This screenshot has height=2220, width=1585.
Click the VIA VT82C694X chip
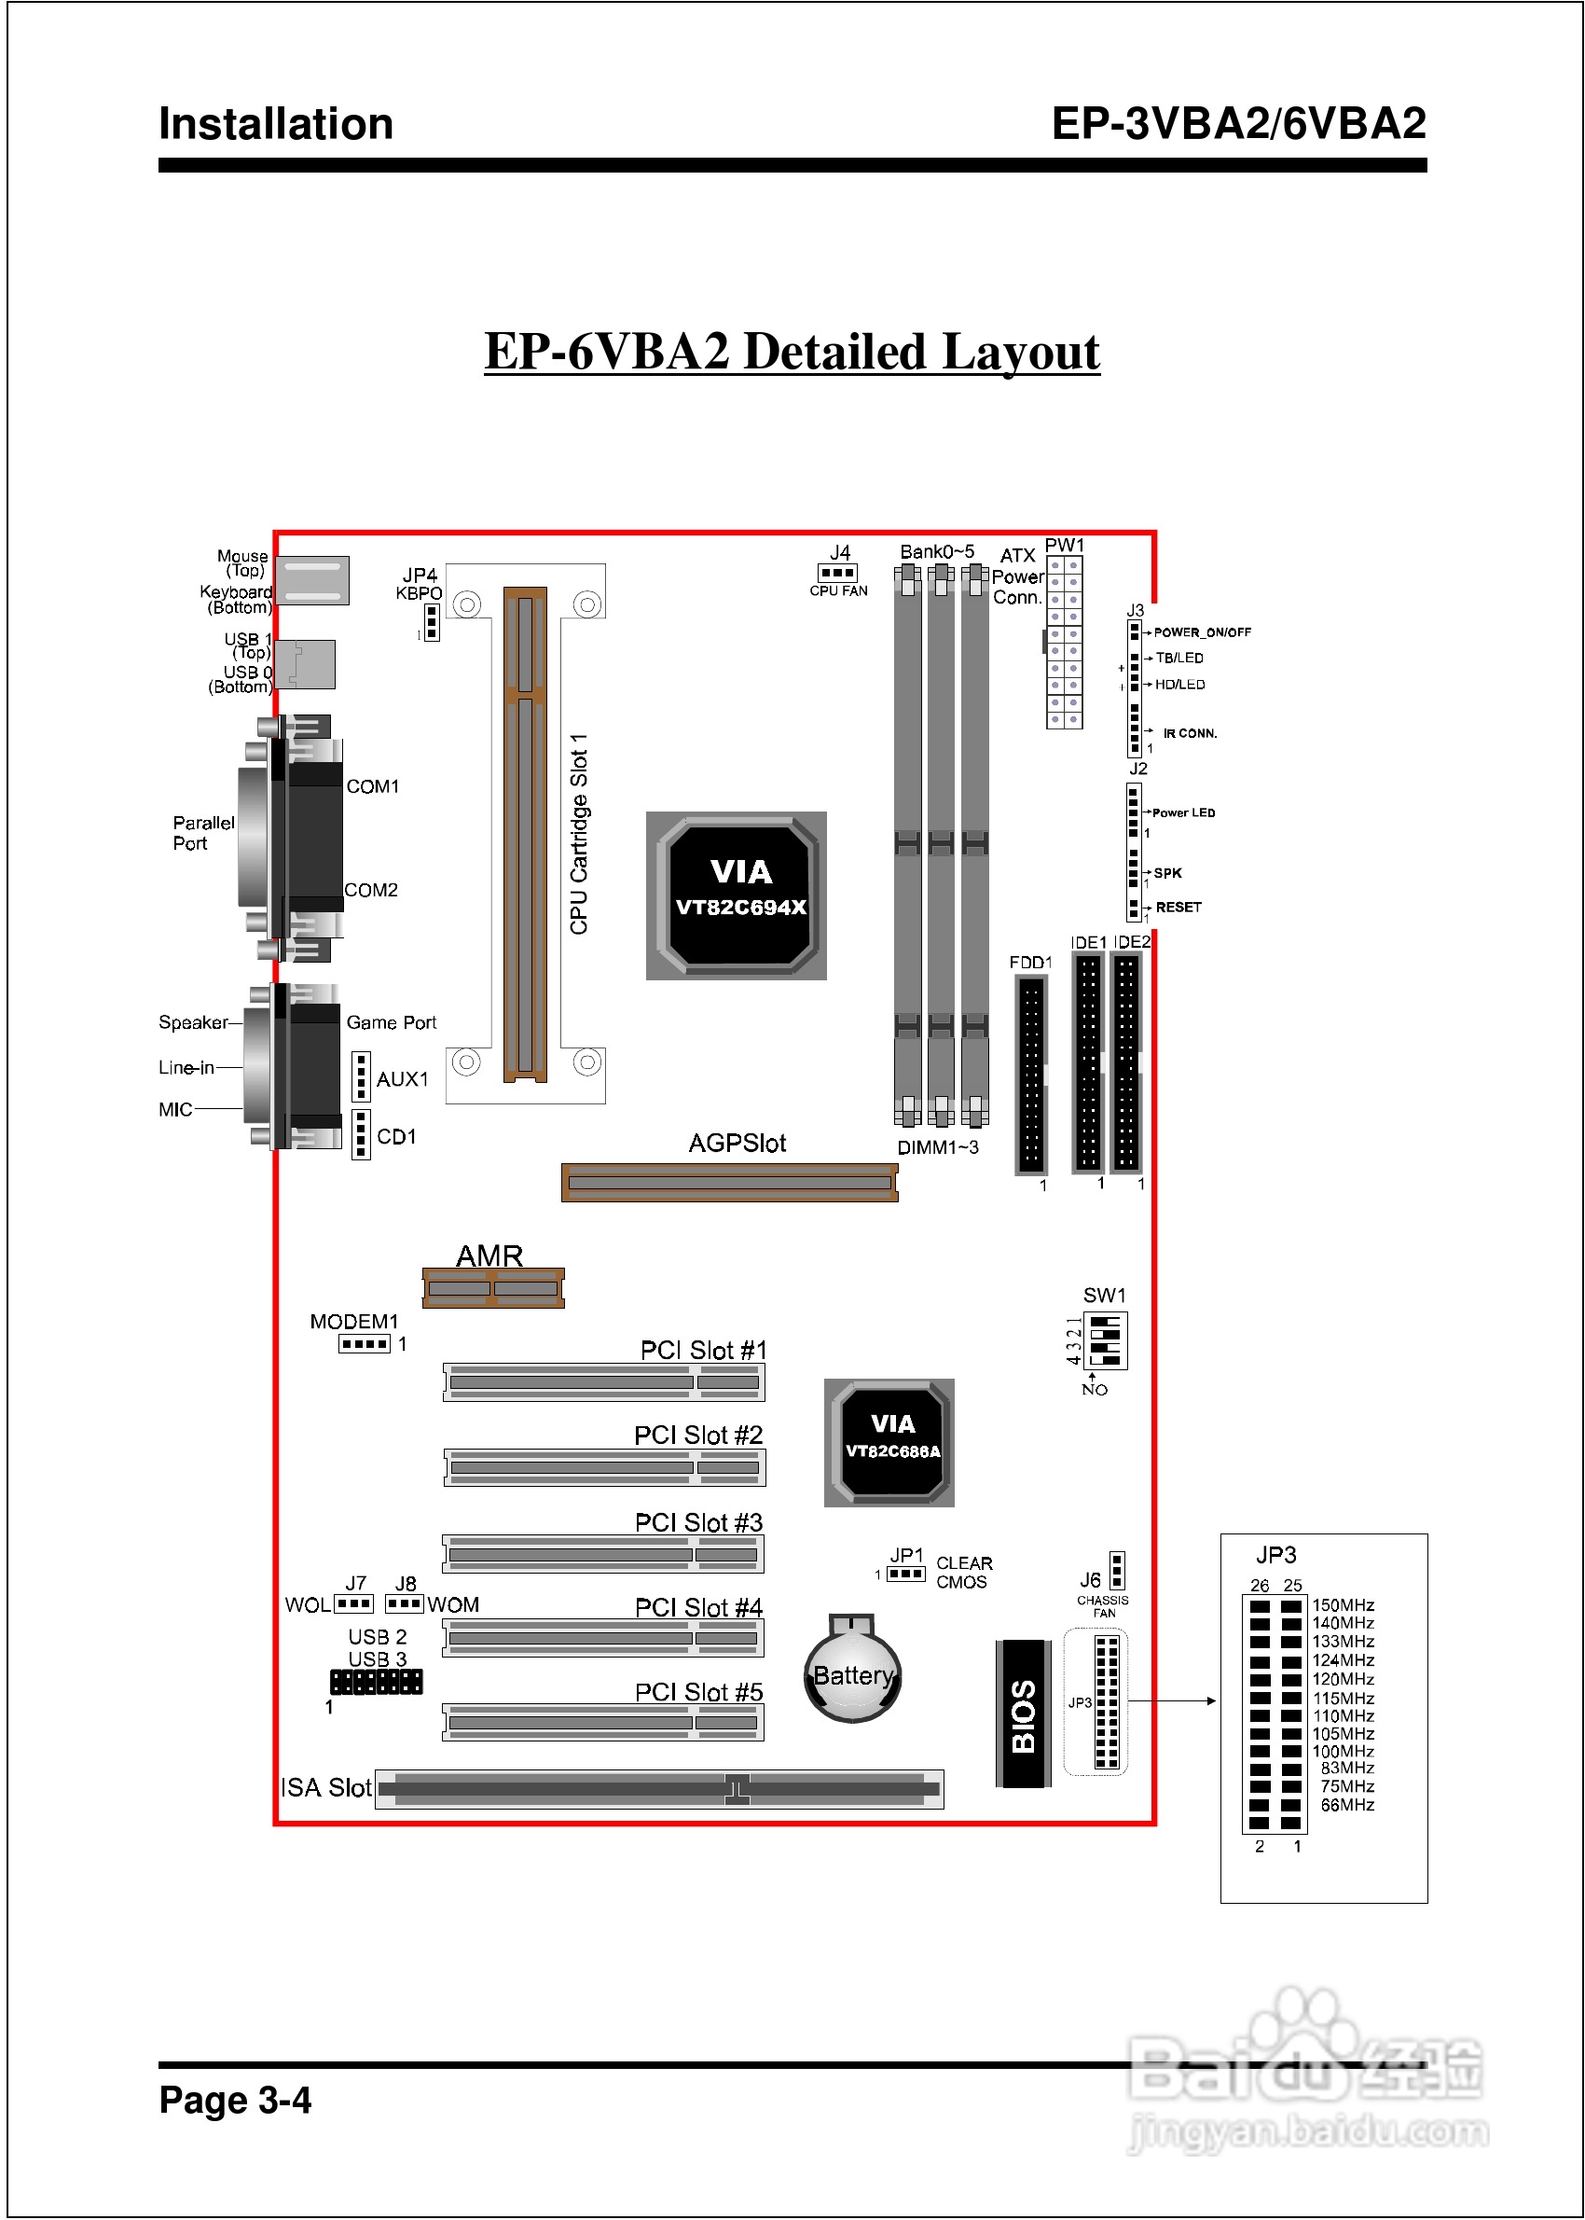tap(737, 895)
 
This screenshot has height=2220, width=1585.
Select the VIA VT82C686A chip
tap(889, 1443)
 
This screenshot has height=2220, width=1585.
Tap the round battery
tap(853, 1672)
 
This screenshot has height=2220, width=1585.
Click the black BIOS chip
tap(1023, 1714)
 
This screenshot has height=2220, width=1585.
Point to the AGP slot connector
tap(729, 1182)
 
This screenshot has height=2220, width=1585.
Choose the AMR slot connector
tap(493, 1287)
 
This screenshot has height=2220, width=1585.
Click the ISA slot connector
tap(660, 1788)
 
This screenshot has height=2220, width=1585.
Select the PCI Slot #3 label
tap(699, 1522)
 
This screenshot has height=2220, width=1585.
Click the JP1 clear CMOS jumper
tap(906, 1574)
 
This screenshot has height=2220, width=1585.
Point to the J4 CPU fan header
tap(837, 573)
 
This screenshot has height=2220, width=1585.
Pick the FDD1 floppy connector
tap(1031, 1074)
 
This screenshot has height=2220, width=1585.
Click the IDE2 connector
tap(1126, 1061)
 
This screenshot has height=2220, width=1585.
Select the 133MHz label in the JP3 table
tap(1343, 1641)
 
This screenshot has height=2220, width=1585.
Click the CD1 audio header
tap(361, 1134)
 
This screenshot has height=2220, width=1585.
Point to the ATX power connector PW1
tap(1064, 642)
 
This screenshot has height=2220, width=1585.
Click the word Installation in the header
tap(276, 124)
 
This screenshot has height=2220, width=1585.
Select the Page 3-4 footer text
tap(235, 2099)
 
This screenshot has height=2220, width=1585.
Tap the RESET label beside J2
tap(1178, 907)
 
